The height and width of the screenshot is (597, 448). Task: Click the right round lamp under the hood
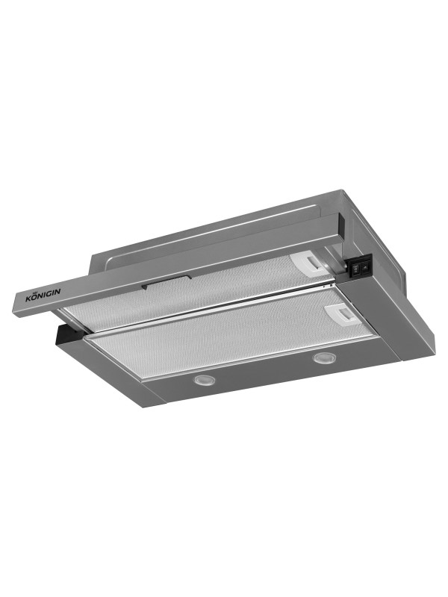pos(322,357)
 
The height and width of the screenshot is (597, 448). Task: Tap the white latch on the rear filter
pos(309,263)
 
